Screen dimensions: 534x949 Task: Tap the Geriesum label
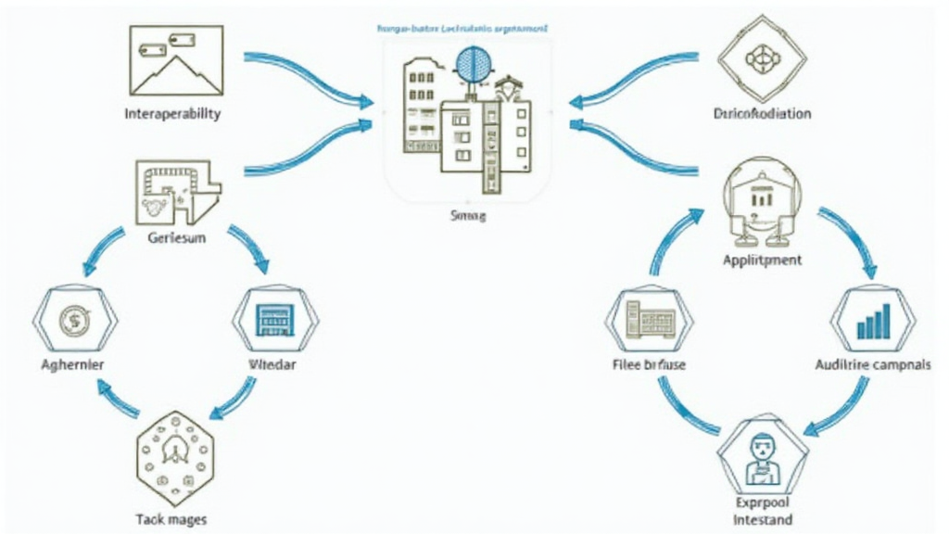click(176, 237)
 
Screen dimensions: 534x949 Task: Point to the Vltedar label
click(273, 365)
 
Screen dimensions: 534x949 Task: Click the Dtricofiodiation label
click(764, 114)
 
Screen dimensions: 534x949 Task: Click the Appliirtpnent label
click(762, 260)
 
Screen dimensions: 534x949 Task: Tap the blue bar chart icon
click(875, 321)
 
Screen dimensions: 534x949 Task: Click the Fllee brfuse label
click(650, 365)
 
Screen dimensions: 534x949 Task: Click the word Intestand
click(763, 519)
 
